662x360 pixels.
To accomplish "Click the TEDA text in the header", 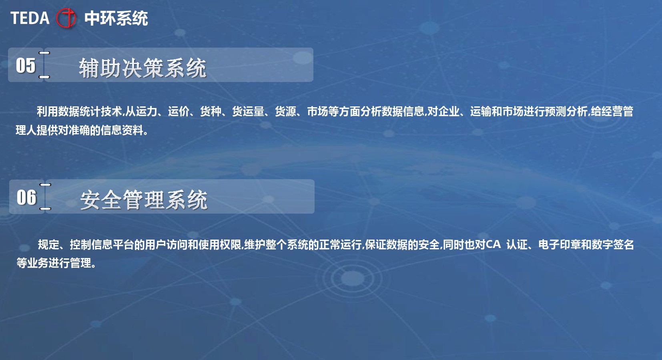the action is [30, 18].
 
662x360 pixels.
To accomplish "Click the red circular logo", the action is [66, 18].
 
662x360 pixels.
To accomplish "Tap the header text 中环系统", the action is [116, 18].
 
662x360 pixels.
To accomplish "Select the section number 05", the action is [26, 65].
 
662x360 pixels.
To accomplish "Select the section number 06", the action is [26, 197].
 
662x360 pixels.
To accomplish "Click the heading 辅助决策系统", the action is [142, 68].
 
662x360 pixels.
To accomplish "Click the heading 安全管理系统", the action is [144, 200].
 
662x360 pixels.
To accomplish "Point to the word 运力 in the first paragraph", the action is [146, 112].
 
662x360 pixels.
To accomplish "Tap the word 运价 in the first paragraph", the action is [179, 112].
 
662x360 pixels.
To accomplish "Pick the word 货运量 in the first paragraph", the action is [248, 112].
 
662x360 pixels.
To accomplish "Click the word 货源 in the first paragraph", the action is [285, 112].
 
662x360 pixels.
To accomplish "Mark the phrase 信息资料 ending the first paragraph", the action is [122, 130].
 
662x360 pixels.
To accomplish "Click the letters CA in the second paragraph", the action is [493, 244].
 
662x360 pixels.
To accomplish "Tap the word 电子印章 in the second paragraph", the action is [560, 244].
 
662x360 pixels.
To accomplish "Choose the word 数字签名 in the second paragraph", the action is [613, 244].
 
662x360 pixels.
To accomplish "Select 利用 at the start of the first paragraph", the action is [47, 112].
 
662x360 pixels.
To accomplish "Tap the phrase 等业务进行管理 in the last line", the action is [54, 263].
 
